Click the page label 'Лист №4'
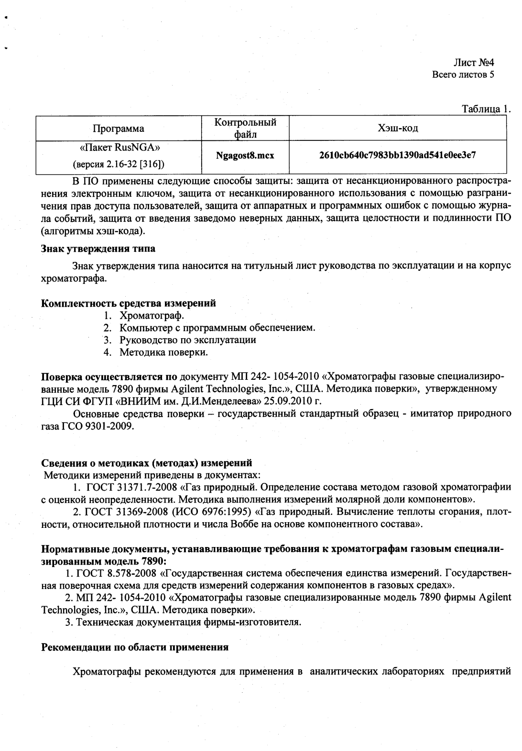(473, 63)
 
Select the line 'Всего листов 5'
(463, 75)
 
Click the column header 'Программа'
(118, 129)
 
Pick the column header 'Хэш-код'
(398, 128)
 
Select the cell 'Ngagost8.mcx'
(245, 156)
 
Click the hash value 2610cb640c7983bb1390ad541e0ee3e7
(397, 155)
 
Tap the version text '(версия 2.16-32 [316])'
(119, 164)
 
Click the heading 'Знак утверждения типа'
(98, 249)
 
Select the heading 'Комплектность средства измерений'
(129, 303)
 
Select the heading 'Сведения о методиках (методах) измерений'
(147, 463)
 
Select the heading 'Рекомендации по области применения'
(135, 647)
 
